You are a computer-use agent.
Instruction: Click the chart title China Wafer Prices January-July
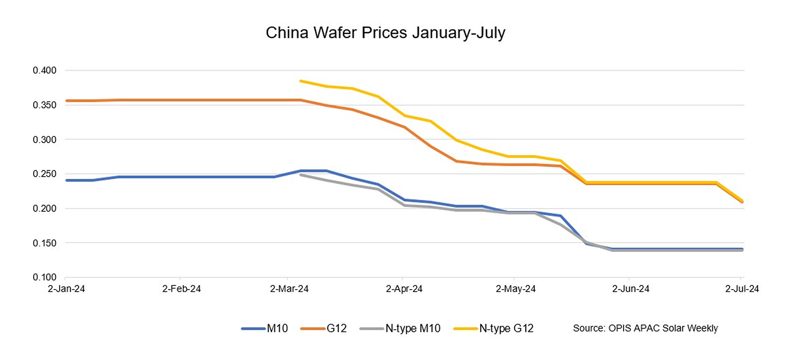(x=385, y=33)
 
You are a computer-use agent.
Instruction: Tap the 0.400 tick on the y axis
(x=45, y=70)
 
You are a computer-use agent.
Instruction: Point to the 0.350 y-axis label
(x=45, y=105)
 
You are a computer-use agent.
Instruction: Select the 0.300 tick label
(x=45, y=140)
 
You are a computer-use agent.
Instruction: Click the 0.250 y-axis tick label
(x=45, y=174)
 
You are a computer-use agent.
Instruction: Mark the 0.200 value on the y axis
(x=45, y=209)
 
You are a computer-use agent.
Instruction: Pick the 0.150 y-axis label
(x=45, y=243)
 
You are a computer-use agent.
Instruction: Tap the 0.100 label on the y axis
(x=45, y=277)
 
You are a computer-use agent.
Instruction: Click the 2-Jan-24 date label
(x=66, y=289)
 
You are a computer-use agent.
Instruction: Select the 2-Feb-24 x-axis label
(x=181, y=289)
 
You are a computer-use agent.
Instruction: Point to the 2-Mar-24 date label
(x=289, y=289)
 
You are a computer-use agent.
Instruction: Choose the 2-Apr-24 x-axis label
(x=404, y=289)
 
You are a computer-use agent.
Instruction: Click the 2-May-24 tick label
(x=515, y=289)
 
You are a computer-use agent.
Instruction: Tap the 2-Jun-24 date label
(x=631, y=289)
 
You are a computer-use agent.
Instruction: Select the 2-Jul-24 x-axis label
(x=742, y=289)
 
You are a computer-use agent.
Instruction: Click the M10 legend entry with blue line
(x=265, y=328)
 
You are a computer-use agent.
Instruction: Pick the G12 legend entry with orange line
(x=324, y=328)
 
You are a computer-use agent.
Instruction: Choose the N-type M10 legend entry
(x=400, y=328)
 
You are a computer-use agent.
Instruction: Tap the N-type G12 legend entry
(x=494, y=328)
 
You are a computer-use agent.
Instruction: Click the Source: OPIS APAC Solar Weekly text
(x=645, y=328)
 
